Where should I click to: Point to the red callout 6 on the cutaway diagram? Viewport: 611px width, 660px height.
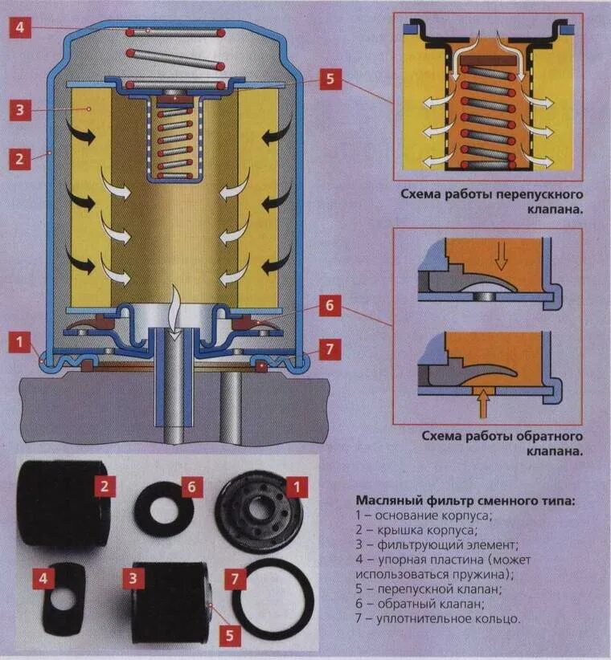point(330,306)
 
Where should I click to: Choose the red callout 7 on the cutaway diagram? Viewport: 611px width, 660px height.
point(330,349)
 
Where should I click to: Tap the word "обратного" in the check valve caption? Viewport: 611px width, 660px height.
point(543,435)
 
